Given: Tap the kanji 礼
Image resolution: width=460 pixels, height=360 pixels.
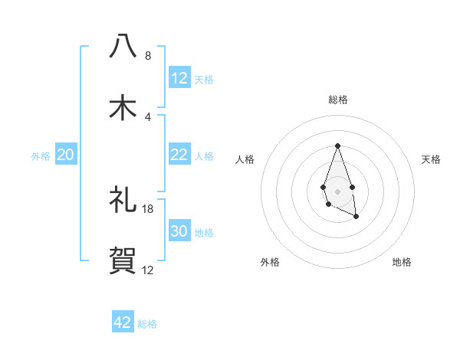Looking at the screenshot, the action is pyautogui.click(x=123, y=200).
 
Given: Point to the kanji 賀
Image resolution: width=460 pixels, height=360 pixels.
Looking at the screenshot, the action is pyautogui.click(x=123, y=261).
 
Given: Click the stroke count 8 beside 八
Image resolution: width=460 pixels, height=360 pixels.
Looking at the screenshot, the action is pyautogui.click(x=148, y=55).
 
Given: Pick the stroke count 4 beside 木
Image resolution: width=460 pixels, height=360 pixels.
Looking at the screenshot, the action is pyautogui.click(x=148, y=116).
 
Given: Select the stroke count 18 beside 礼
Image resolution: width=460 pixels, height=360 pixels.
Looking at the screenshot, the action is pyautogui.click(x=148, y=208).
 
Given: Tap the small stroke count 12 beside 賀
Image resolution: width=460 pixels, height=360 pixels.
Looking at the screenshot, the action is pyautogui.click(x=148, y=270).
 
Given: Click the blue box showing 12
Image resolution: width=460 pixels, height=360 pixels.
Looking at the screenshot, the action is pyautogui.click(x=179, y=78).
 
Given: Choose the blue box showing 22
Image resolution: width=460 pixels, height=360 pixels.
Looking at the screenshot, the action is pyautogui.click(x=179, y=155).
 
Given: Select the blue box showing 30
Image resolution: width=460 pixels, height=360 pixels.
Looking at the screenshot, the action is pyautogui.click(x=179, y=231).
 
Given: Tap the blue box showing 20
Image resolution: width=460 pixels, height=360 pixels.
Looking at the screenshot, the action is pyautogui.click(x=66, y=155).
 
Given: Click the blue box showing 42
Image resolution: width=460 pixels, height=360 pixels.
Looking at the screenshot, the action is pyautogui.click(x=123, y=322).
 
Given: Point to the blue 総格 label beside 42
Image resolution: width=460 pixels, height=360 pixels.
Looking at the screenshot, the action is pyautogui.click(x=148, y=324).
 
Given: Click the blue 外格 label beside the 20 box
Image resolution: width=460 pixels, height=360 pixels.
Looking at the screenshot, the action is pyautogui.click(x=41, y=156).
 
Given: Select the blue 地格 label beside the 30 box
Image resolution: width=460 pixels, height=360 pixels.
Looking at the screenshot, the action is pyautogui.click(x=205, y=233).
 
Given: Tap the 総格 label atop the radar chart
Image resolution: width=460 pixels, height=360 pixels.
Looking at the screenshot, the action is pyautogui.click(x=338, y=100).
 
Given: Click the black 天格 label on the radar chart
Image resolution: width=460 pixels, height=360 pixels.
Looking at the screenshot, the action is pyautogui.click(x=432, y=159).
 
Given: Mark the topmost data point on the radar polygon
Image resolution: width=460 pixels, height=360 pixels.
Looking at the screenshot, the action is pyautogui.click(x=337, y=146).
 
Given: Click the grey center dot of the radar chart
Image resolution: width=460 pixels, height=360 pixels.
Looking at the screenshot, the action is pyautogui.click(x=337, y=191).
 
